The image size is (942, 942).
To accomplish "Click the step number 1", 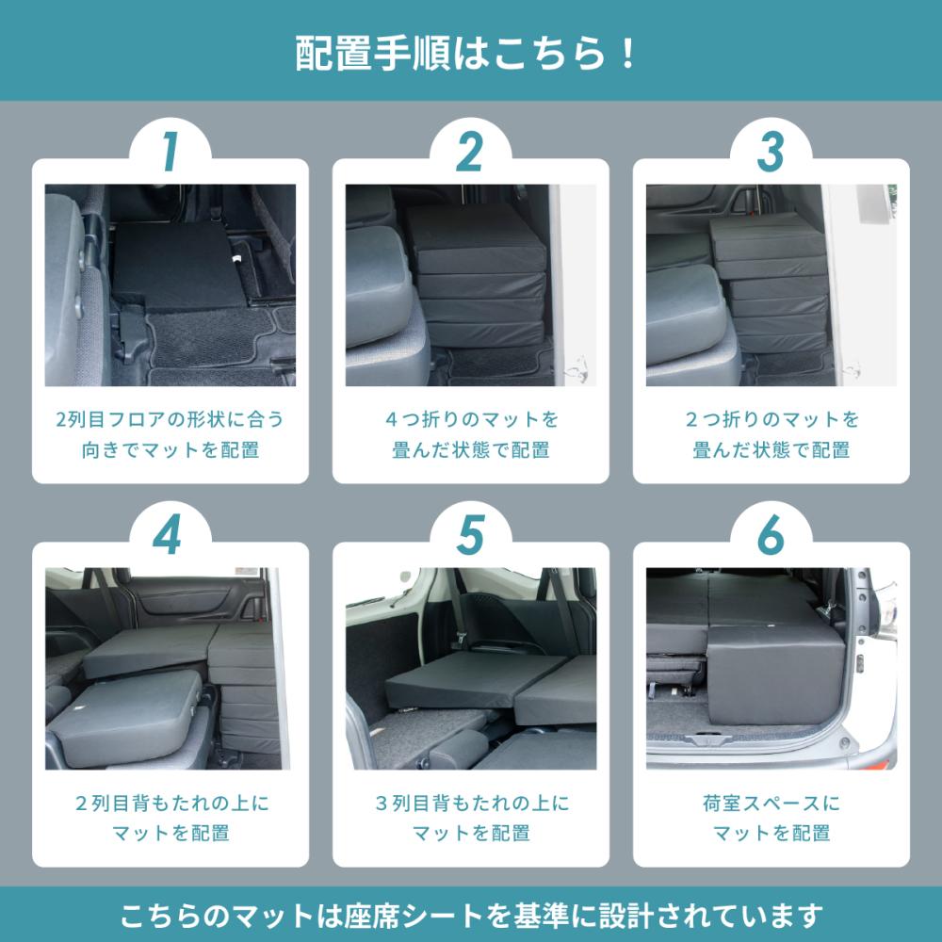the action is [x=171, y=152].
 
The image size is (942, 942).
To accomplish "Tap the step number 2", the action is [x=470, y=152].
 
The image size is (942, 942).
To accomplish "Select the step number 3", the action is [x=771, y=152].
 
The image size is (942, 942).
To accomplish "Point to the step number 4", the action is [x=168, y=535].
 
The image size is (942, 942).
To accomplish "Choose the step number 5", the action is [x=470, y=535].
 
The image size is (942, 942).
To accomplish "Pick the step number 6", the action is [x=771, y=535].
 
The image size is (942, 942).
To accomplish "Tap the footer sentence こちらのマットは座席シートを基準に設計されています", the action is [x=471, y=916].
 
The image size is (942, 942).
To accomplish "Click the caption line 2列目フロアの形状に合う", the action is [x=170, y=419].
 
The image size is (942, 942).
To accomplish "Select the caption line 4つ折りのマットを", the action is [x=472, y=419].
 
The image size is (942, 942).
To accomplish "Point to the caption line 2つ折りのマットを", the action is [x=772, y=419].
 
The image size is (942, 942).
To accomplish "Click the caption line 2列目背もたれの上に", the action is [x=171, y=803].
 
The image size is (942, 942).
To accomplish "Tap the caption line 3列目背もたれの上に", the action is [x=472, y=803].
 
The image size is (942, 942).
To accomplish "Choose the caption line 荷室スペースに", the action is [x=771, y=803].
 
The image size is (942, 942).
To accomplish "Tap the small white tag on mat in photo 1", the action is [x=237, y=259].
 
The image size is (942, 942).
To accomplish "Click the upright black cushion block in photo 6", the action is [x=775, y=674].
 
